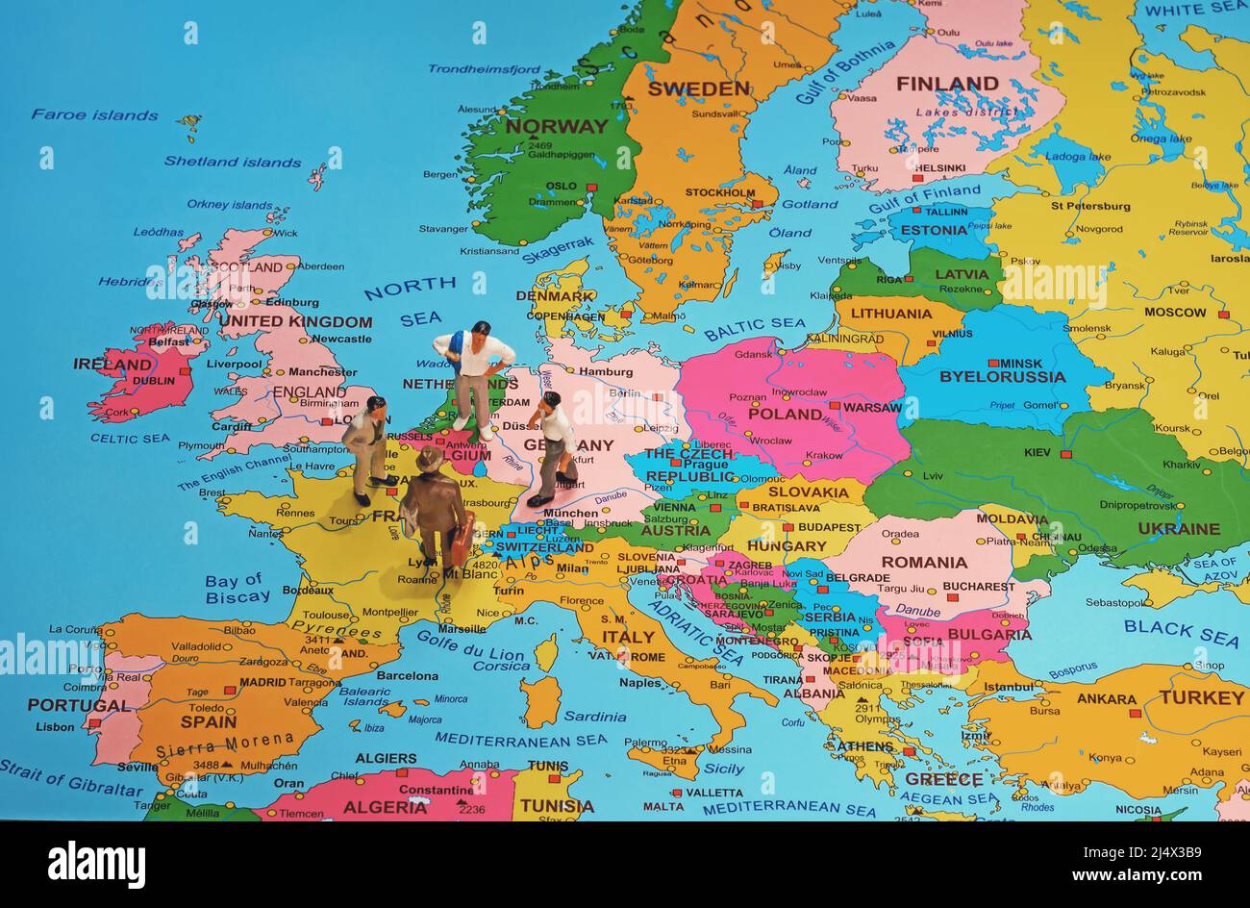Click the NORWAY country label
pyautogui.click(x=557, y=126)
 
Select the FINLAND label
pyautogui.click(x=947, y=85)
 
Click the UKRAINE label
pyautogui.click(x=1178, y=529)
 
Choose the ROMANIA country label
pyautogui.click(x=924, y=563)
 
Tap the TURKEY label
pyautogui.click(x=1201, y=697)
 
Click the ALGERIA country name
pyautogui.click(x=385, y=807)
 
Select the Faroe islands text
pyautogui.click(x=94, y=115)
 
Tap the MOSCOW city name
pyautogui.click(x=1175, y=313)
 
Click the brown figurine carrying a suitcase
pyautogui.click(x=433, y=515)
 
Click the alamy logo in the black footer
pyautogui.click(x=96, y=864)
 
